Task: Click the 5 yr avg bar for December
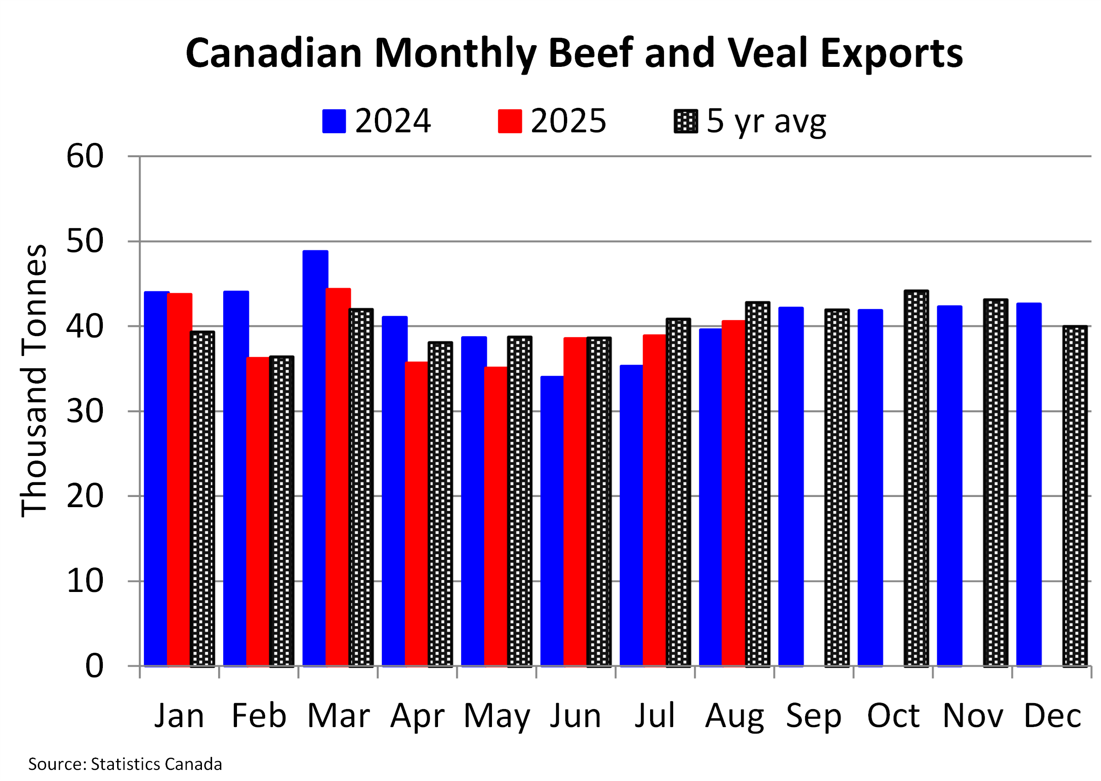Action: coord(1075,496)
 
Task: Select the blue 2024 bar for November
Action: coord(950,486)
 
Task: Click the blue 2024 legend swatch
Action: coord(334,121)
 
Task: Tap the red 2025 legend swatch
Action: coord(509,121)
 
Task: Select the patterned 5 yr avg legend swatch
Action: coord(685,121)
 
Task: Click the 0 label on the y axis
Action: coord(94,666)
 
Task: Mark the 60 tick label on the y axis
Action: coord(85,156)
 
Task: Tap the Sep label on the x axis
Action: coord(813,716)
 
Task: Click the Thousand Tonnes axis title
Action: coord(35,381)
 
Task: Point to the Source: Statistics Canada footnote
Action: coord(125,764)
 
